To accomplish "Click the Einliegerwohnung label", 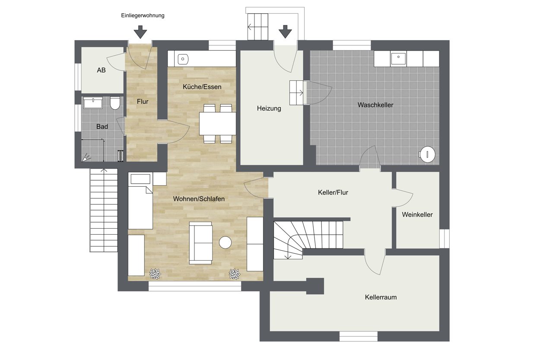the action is (x=143, y=16).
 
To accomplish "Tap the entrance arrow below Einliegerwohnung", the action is (x=140, y=32).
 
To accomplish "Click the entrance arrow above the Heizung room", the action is (x=285, y=32).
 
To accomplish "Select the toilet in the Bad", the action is (x=115, y=103).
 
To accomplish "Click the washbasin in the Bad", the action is (x=93, y=103).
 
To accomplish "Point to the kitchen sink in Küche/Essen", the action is (x=183, y=59).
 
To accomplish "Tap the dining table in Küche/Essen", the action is (x=217, y=124).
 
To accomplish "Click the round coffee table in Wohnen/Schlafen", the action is (x=225, y=242).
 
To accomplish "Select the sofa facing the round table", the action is (x=201, y=243).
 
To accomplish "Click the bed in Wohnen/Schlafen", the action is (x=140, y=201).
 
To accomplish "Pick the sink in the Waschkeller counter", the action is (x=398, y=59).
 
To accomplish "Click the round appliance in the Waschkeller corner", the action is (x=427, y=154).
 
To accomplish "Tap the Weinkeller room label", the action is (x=417, y=215).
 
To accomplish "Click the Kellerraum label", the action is (x=381, y=297).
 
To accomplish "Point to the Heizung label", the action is (x=269, y=108).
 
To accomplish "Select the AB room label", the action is (x=101, y=70).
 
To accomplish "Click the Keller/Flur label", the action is (x=333, y=192).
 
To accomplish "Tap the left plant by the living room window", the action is (x=155, y=274).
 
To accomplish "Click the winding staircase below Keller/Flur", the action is (x=308, y=240).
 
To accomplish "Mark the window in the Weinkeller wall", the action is (x=444, y=239).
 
